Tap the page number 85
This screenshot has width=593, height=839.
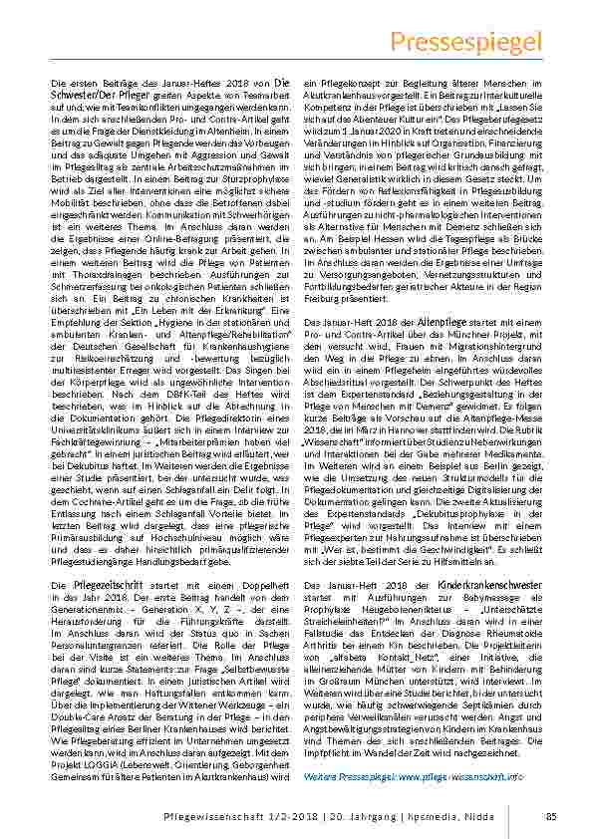550,817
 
